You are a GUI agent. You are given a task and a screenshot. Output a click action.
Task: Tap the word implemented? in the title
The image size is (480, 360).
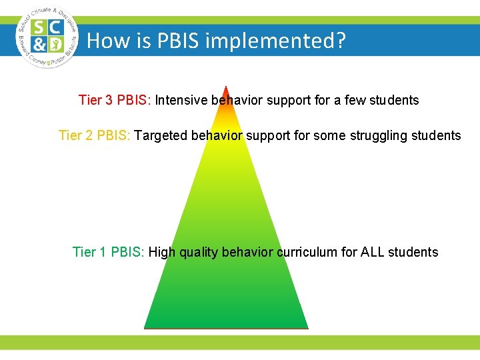pos(276,42)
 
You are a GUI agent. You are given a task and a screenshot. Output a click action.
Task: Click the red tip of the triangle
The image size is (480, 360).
pos(227,91)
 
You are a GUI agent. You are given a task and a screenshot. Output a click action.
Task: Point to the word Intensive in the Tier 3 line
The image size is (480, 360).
pos(181,101)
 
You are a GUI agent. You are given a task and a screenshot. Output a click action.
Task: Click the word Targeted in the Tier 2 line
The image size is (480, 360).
pos(161,136)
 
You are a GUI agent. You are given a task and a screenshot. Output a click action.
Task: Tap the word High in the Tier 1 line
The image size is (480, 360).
pos(160,252)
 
